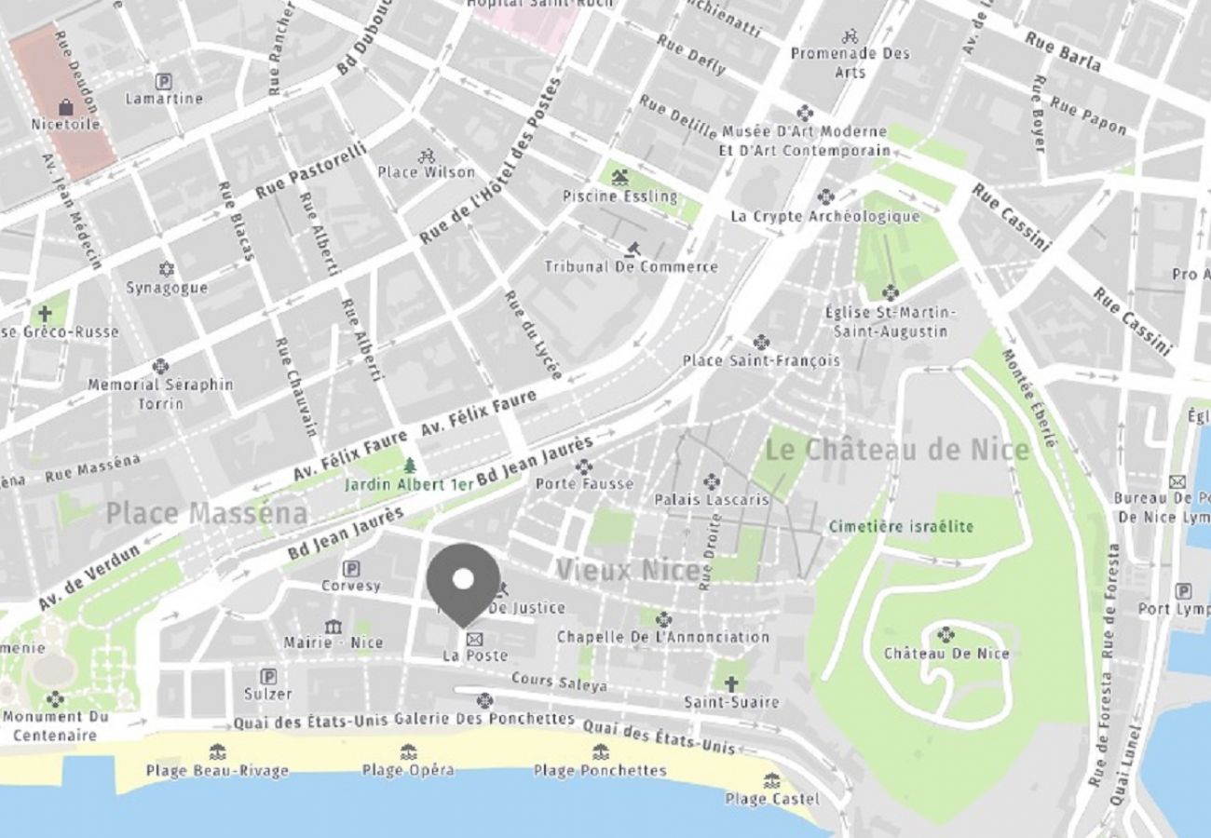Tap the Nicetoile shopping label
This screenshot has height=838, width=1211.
[65, 124]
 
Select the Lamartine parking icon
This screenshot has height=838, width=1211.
[164, 81]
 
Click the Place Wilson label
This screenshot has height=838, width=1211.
[426, 172]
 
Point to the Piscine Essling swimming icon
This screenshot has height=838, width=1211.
[619, 177]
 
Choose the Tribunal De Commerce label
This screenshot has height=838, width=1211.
[631, 267]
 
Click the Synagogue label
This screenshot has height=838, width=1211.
[167, 288]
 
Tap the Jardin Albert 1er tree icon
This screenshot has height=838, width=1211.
[410, 465]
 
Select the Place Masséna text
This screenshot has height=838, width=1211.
[206, 513]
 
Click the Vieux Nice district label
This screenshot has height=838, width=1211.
[627, 570]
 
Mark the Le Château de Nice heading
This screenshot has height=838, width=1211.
[897, 451]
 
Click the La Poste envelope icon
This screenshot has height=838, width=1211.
[474, 639]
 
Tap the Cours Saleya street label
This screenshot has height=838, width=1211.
[559, 683]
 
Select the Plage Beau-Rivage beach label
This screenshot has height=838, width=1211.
[217, 771]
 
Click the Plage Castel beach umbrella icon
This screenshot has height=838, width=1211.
[771, 780]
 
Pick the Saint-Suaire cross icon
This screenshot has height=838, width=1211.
[731, 683]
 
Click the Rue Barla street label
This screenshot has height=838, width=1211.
[1062, 52]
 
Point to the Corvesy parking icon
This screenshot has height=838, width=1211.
[351, 568]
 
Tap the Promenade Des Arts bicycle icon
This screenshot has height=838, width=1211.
[850, 36]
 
